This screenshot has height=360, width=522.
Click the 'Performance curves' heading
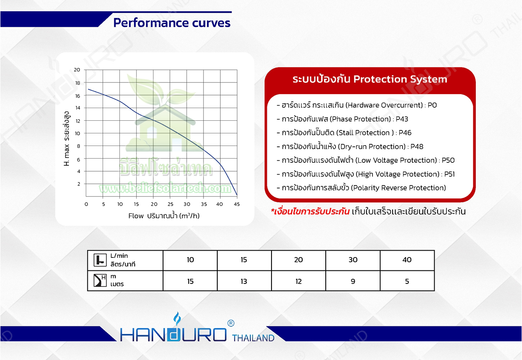tap(172, 23)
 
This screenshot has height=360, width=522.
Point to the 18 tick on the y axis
tap(77, 83)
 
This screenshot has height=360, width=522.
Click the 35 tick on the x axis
tap(204, 204)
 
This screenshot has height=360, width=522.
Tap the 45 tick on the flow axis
tap(237, 204)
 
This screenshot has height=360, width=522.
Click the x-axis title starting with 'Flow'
tap(164, 216)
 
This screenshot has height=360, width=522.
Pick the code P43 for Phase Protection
tap(402, 119)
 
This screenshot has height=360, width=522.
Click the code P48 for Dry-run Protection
tap(417, 147)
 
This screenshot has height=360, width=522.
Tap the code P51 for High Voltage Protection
tap(450, 174)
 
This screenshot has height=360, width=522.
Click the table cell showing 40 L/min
tap(407, 260)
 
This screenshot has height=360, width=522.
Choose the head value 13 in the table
tap(244, 281)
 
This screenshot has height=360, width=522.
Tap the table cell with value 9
tap(353, 281)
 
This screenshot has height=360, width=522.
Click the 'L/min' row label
tap(119, 256)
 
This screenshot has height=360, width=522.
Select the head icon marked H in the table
tap(100, 280)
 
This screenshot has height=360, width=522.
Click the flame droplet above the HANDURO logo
tap(177, 318)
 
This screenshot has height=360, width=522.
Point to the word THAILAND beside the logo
tap(253, 338)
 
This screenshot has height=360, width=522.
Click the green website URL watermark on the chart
tap(165, 188)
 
